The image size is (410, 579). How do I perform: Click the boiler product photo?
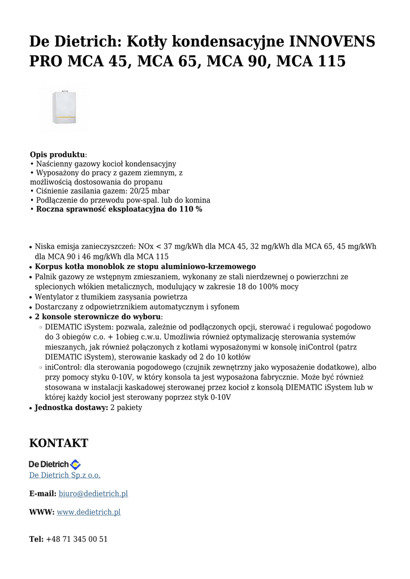(62, 106)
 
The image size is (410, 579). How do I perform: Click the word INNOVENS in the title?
(332, 41)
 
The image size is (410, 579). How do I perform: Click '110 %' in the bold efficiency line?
(189, 209)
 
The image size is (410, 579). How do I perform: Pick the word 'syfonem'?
(225, 307)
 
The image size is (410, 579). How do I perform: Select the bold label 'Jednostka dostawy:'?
(71, 408)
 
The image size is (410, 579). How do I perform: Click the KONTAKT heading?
(59, 443)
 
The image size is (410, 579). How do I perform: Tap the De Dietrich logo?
(55, 464)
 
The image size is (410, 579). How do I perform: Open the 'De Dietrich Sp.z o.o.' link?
(64, 475)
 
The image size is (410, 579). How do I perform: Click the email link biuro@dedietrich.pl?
(93, 494)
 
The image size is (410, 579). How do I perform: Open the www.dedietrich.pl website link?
(89, 512)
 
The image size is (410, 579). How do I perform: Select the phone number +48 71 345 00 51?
(76, 539)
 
